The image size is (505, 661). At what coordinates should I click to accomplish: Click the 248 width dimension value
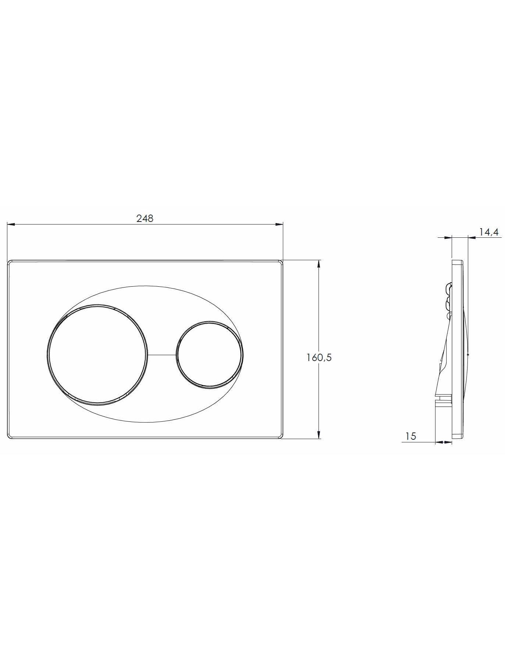(x=145, y=218)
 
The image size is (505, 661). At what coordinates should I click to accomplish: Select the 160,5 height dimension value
(x=319, y=357)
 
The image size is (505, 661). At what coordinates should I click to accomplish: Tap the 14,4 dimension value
(x=488, y=232)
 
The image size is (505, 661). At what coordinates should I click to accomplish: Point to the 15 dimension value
(x=410, y=436)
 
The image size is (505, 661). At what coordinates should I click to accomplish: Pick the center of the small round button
(x=209, y=355)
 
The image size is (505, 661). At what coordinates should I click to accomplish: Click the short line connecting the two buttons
(x=162, y=355)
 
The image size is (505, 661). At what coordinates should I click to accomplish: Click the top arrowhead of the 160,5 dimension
(x=319, y=264)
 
